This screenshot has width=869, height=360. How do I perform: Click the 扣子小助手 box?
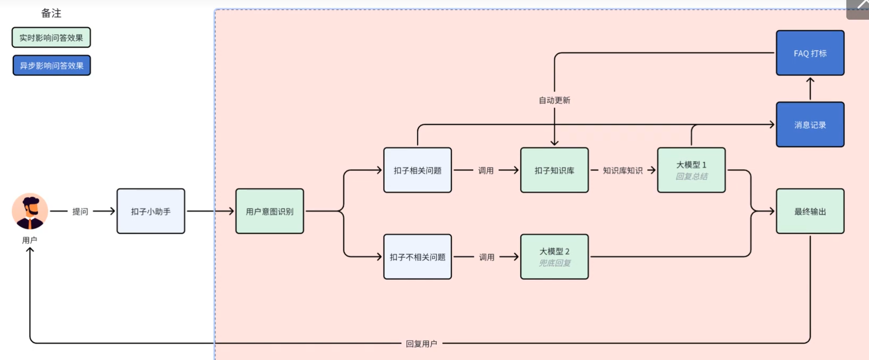[x=151, y=211]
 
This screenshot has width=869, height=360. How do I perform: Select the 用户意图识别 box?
[x=270, y=211]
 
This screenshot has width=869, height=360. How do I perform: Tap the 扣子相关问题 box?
[x=417, y=170]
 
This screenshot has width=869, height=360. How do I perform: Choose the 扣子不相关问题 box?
[x=417, y=257]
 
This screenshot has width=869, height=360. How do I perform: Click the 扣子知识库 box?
[x=554, y=170]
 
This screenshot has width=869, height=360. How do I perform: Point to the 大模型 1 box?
[x=691, y=170]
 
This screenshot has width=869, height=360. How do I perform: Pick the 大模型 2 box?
[x=554, y=257]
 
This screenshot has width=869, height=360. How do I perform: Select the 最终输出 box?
[x=810, y=211]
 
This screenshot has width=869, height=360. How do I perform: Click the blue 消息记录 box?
[x=810, y=125]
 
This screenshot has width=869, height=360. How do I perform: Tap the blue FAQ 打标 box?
[x=810, y=53]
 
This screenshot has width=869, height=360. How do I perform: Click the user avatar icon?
[x=30, y=211]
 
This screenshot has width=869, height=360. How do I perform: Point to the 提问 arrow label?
[x=80, y=211]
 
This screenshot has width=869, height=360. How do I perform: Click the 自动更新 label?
[x=554, y=100]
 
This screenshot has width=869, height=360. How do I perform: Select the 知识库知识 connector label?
[x=623, y=170]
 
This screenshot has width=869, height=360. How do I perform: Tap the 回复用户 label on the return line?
[x=421, y=344]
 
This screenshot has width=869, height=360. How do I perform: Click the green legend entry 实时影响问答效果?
[x=51, y=38]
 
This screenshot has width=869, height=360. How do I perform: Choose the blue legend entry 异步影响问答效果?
[x=52, y=66]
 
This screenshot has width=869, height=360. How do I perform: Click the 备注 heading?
[x=51, y=13]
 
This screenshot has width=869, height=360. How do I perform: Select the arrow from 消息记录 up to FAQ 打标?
[x=810, y=89]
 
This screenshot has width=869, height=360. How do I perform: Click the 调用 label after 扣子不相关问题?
[x=487, y=257]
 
